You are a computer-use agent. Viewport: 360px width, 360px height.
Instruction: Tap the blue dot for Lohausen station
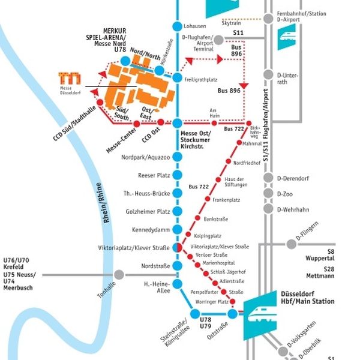176,26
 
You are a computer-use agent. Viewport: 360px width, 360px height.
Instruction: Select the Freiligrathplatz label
201,79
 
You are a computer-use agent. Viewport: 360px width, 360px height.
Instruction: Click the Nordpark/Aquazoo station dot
176,157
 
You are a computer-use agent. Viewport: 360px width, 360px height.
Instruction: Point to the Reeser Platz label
154,175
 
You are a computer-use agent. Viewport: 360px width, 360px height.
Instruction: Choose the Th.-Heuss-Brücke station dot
176,193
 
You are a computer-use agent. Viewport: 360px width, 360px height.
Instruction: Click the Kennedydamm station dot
176,230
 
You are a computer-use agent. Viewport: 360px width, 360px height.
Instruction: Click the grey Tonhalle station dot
119,275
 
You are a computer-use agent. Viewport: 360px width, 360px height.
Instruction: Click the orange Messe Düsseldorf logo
70,77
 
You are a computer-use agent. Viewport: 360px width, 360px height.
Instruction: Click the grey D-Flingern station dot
292,243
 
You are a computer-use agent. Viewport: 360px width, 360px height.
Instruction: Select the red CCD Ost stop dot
160,123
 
